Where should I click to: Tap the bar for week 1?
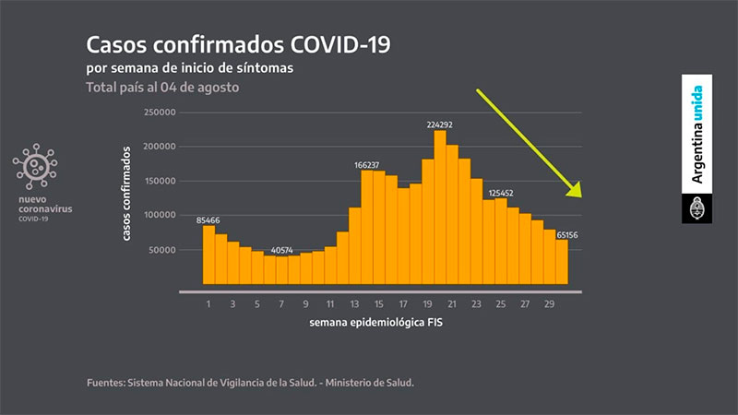(209, 255)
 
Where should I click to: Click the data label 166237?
(367, 164)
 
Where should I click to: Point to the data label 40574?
(282, 250)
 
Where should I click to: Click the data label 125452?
(500, 193)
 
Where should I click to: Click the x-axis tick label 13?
(354, 302)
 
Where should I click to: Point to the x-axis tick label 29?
(549, 302)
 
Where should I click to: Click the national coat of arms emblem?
(697, 208)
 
